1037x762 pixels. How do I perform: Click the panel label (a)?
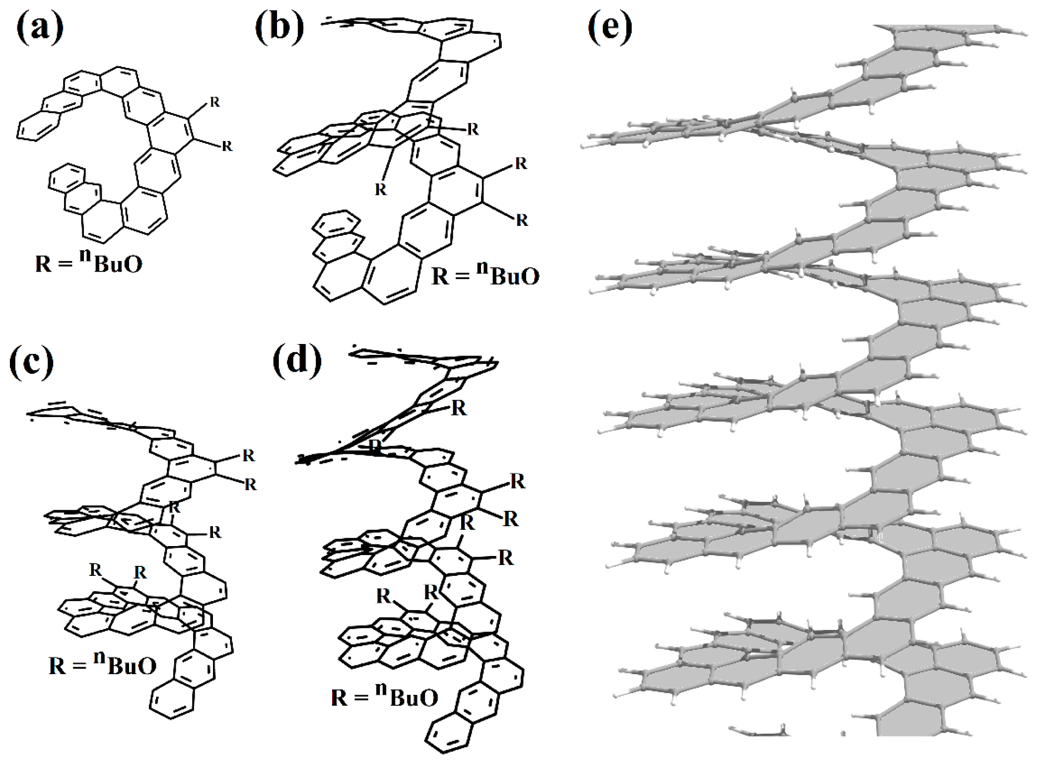40,28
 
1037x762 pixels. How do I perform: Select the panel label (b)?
279,27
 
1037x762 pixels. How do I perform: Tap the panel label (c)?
31,363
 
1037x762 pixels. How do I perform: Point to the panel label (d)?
297,360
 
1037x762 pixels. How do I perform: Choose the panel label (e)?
610,28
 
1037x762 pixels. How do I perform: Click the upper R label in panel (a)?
214,102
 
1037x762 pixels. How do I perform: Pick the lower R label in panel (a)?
227,146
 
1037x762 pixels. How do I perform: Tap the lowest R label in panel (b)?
522,220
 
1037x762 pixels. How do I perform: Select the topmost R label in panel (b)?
473,130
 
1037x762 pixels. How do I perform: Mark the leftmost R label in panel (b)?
380,190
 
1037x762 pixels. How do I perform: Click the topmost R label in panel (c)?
249,455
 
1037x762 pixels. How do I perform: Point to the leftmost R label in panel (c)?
95,570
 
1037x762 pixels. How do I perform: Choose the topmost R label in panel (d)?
458,408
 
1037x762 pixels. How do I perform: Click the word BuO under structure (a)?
118,264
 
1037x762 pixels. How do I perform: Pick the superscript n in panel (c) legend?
99,658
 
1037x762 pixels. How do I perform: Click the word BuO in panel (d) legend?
414,697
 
